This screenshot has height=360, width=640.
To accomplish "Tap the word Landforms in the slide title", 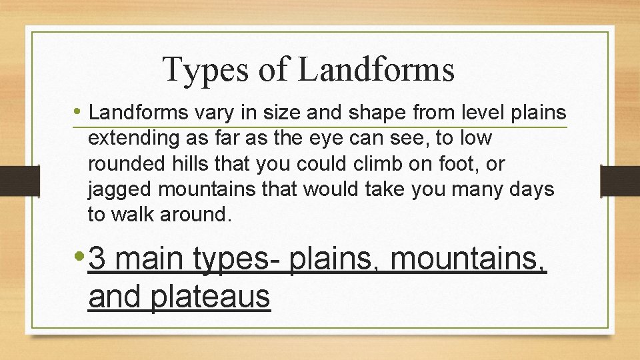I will pos(376,69).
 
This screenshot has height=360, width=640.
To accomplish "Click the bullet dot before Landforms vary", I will pos(79,112).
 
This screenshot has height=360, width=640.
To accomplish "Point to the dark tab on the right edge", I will pos(620,179).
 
